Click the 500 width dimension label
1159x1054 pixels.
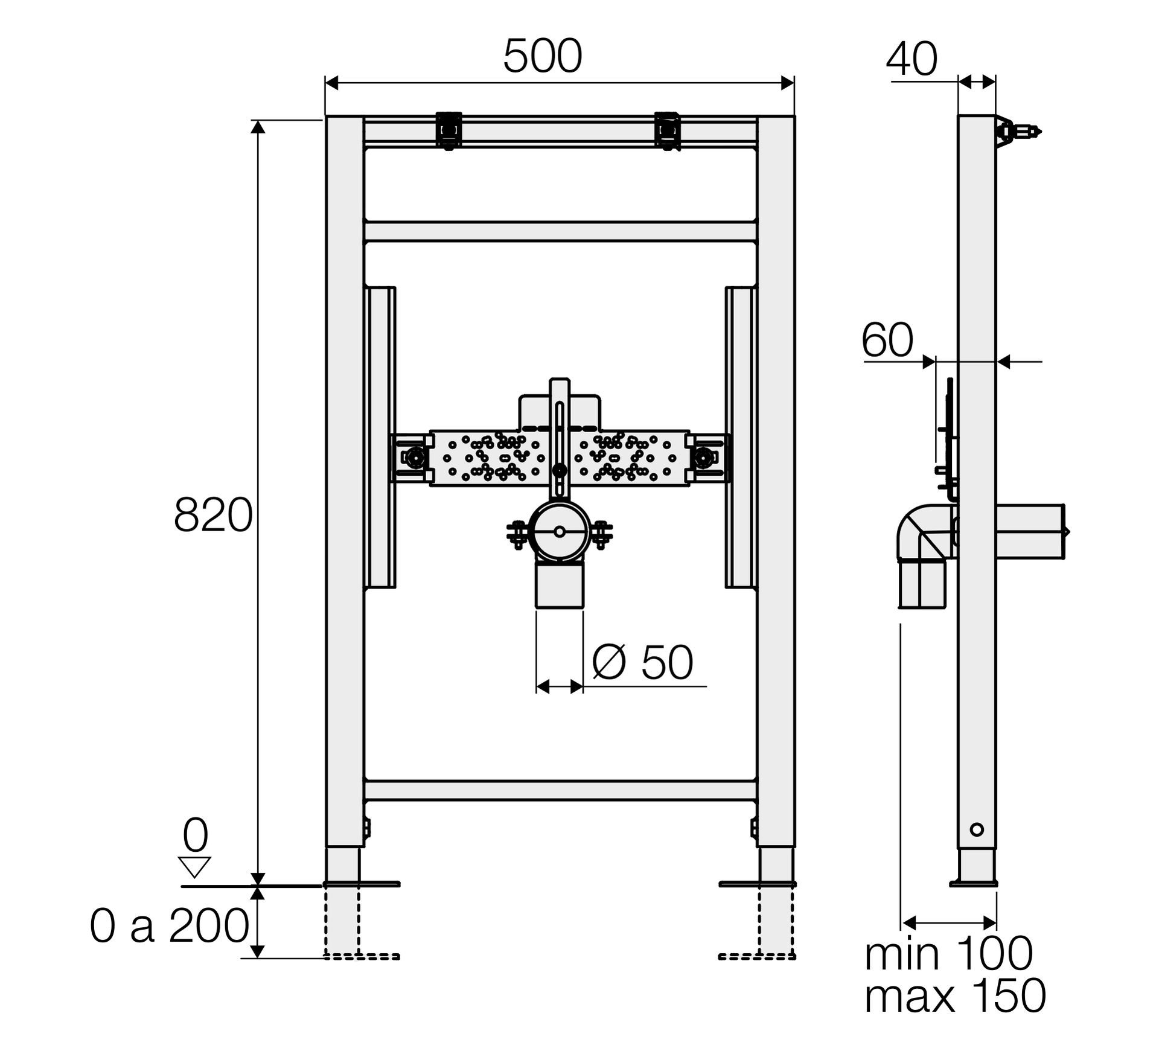[x=542, y=56]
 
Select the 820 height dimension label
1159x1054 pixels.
[x=213, y=515]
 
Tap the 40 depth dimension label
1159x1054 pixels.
[x=912, y=59]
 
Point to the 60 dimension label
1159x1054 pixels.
[x=887, y=340]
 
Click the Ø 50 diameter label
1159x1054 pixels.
[x=642, y=662]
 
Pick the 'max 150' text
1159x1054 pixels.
[x=955, y=996]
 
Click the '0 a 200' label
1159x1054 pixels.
[x=170, y=925]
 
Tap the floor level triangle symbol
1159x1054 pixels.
[x=194, y=867]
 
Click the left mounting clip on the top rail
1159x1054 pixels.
[x=449, y=130]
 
